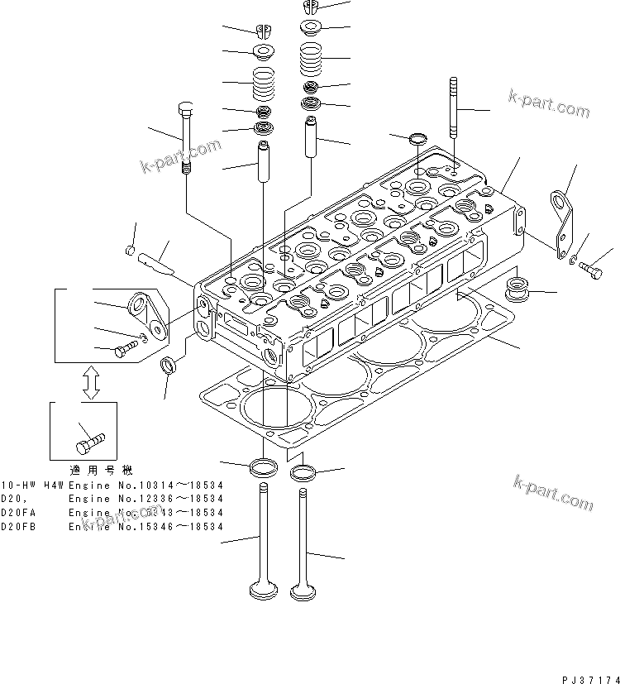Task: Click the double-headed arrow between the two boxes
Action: click(92, 382)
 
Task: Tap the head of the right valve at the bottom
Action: click(302, 591)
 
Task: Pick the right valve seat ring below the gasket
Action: click(303, 473)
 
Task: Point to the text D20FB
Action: click(17, 525)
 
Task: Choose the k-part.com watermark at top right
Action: click(549, 106)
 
